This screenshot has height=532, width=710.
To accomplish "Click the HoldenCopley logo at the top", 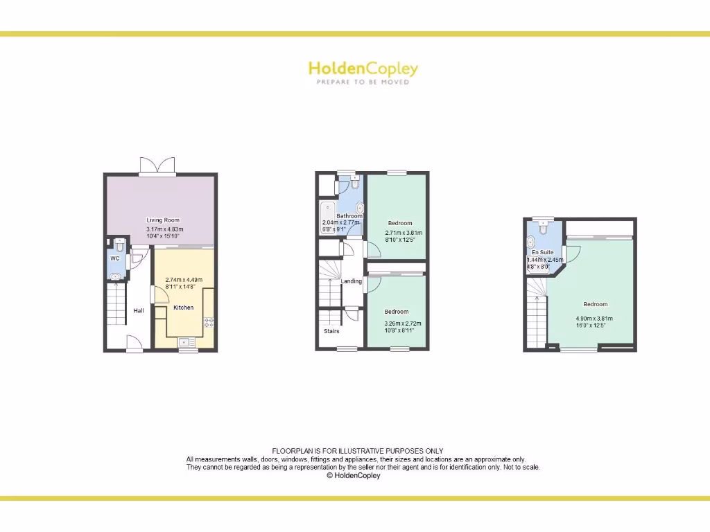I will (363, 71).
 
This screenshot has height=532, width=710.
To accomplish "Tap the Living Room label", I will (163, 220).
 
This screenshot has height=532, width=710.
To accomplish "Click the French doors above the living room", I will (158, 165).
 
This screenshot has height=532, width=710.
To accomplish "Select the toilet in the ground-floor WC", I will (119, 245).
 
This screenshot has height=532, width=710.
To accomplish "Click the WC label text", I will (115, 258).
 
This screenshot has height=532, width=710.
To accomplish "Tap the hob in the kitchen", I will (208, 321).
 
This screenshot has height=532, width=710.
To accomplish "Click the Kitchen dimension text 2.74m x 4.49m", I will (183, 280).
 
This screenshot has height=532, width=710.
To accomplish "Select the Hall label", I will (139, 310).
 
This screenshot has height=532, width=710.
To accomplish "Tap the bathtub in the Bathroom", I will (327, 215).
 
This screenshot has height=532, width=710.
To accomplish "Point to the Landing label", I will (352, 281).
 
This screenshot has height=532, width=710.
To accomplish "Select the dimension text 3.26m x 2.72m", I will (402, 323).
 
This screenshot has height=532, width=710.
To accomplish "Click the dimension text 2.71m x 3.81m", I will (404, 233).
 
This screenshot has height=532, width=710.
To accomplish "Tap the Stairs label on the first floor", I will (331, 331).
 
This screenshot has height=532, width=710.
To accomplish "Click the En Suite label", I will (543, 252).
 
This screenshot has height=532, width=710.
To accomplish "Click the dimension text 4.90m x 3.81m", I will (594, 319).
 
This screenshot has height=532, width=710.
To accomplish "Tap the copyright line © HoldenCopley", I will (354, 476).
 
